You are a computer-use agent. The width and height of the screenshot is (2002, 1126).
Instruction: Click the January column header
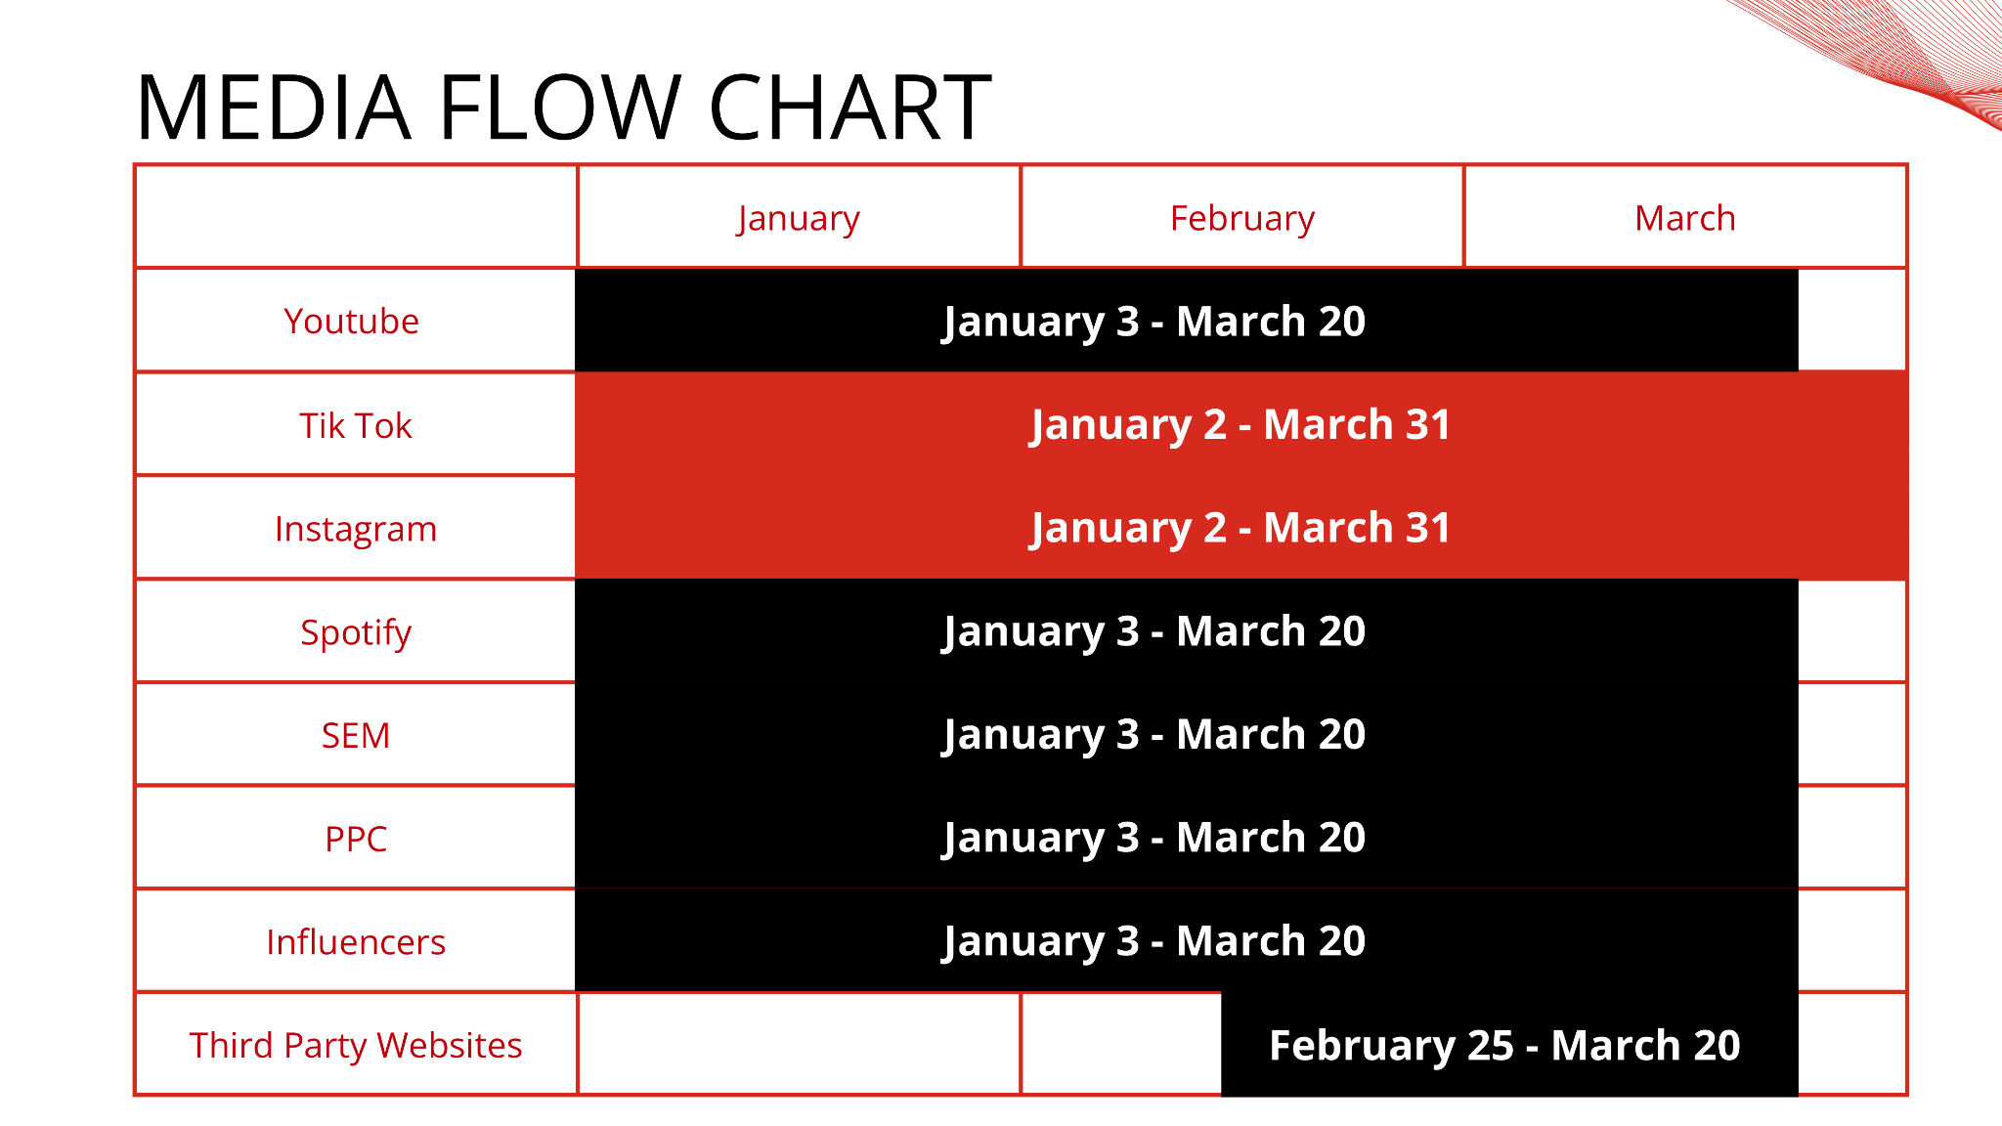pos(799,219)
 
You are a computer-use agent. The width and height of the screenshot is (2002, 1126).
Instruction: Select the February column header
pos(1242,219)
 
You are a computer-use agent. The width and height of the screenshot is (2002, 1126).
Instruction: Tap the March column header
pos(1685,218)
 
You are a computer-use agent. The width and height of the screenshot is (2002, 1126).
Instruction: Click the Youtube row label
pos(352,322)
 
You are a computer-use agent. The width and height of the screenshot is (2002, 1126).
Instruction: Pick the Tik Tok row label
pos(356,425)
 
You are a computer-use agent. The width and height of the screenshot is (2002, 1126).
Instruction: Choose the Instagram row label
pos(356,529)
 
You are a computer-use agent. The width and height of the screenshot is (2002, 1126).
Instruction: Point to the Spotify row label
pos(356,633)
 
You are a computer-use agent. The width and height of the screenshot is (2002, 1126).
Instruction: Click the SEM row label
pos(356,736)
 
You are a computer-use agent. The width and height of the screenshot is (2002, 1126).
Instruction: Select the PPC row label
pos(356,839)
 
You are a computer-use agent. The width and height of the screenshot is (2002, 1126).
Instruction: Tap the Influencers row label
pos(356,942)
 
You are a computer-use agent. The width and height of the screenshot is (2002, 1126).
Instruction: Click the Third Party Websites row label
pos(356,1046)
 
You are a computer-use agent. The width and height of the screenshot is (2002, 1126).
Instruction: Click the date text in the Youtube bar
pos(1153,323)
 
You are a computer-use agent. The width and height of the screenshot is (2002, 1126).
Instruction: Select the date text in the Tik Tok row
pos(1240,425)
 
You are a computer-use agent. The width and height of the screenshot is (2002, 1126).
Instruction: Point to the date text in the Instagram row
pos(1240,529)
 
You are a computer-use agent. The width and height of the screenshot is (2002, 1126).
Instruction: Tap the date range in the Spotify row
pos(1153,632)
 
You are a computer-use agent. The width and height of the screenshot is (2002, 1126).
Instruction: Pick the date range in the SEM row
pos(1153,735)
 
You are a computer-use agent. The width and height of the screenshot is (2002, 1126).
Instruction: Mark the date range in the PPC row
pos(1153,839)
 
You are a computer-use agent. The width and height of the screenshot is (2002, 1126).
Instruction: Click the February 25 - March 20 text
pos(1504,1046)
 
